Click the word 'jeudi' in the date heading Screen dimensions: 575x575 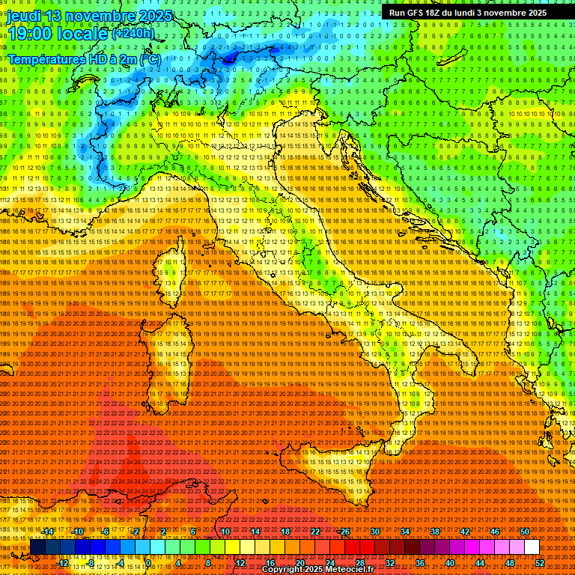coord(25,16)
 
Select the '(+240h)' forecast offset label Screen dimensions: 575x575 coord(133,33)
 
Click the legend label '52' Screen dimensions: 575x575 coord(541,562)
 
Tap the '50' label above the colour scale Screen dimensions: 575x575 coord(525,532)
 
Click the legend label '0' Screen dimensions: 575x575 coord(149,562)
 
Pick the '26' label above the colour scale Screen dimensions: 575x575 coord(345,532)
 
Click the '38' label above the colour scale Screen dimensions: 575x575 coord(435,532)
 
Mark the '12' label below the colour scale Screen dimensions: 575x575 coord(240,562)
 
